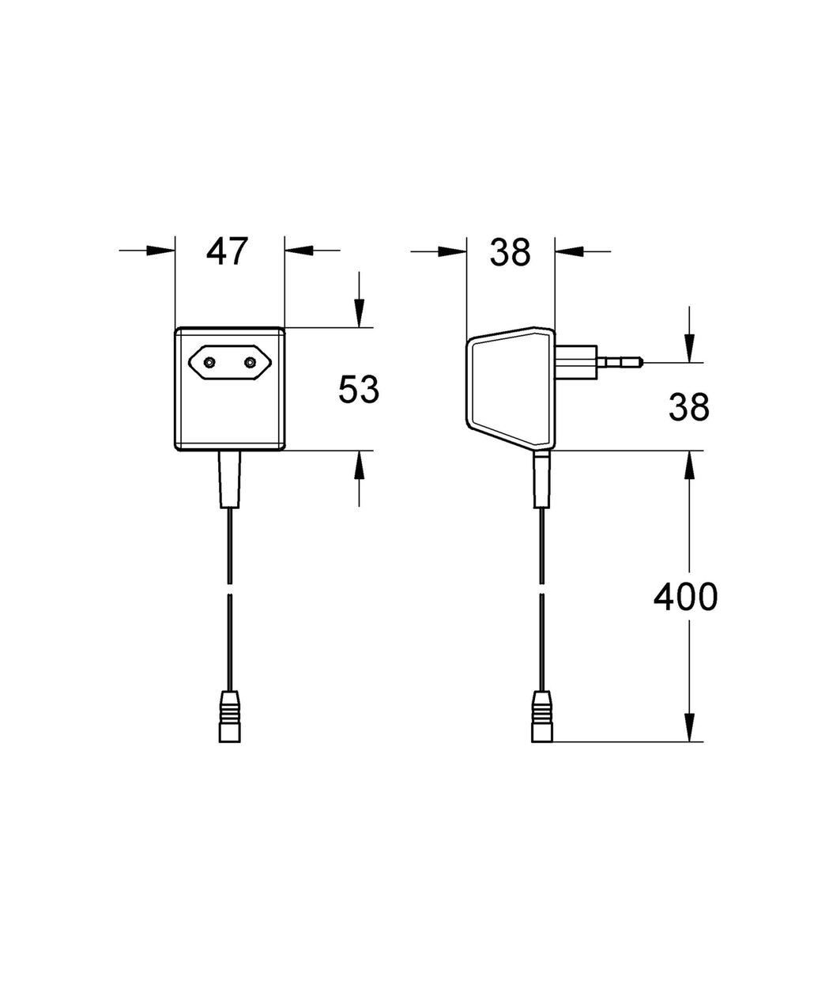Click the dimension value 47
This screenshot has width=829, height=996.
[227, 251]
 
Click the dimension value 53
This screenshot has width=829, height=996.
[359, 389]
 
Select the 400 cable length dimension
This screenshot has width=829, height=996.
[685, 596]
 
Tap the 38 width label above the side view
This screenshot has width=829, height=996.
[510, 252]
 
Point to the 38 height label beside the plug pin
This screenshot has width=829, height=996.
[689, 407]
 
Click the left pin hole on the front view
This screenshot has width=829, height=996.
[209, 363]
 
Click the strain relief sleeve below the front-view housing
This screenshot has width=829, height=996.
[229, 479]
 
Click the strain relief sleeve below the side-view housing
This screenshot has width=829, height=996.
[541, 479]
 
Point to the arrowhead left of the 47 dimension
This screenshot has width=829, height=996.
[160, 250]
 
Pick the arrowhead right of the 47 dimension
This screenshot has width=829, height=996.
[299, 250]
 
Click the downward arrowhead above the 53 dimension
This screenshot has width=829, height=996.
[359, 313]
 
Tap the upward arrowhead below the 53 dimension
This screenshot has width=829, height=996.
[359, 465]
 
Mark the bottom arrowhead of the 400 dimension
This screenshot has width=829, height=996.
[689, 727]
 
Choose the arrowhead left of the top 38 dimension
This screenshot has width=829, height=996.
[452, 251]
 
